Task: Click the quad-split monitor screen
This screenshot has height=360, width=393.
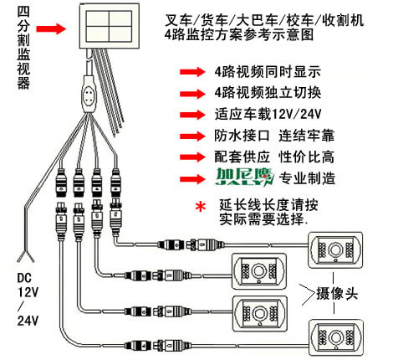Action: click(x=110, y=26)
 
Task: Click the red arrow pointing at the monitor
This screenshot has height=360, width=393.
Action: click(x=51, y=28)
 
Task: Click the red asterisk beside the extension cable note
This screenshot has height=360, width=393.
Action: click(x=201, y=207)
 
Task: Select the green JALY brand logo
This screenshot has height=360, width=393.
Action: click(x=244, y=177)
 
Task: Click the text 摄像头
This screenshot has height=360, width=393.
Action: click(x=337, y=294)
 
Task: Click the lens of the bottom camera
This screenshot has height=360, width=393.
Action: click(x=335, y=337)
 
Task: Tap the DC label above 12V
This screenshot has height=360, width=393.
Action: click(x=24, y=278)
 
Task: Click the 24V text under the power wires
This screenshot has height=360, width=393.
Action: click(x=28, y=321)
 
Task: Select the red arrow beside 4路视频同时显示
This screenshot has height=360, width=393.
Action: click(x=192, y=72)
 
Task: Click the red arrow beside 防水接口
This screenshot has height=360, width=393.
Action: click(x=192, y=136)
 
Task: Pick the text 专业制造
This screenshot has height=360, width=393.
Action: click(x=307, y=178)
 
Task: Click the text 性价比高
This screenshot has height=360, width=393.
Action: click(x=307, y=157)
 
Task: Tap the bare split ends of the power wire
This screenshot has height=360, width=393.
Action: click(x=26, y=256)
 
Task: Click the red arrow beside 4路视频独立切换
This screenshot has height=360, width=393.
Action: click(x=192, y=93)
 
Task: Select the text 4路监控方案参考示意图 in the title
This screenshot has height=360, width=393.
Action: click(x=239, y=35)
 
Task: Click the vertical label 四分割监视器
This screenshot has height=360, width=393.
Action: click(x=23, y=47)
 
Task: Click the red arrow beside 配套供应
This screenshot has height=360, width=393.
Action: click(x=192, y=157)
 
